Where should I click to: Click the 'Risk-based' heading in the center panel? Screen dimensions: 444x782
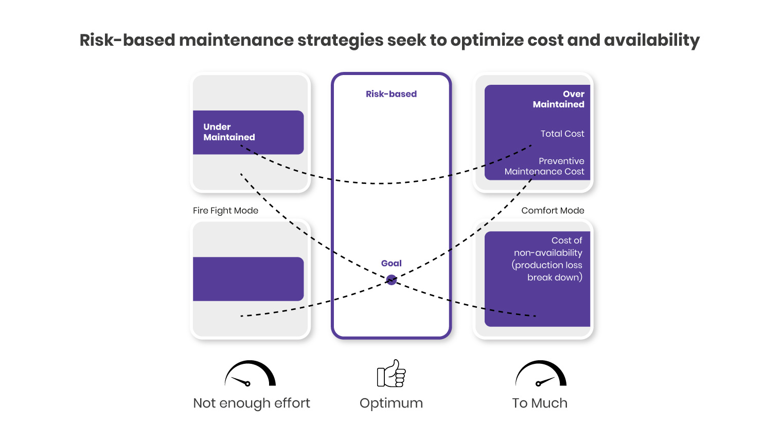391,94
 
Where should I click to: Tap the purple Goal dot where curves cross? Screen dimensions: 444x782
392,280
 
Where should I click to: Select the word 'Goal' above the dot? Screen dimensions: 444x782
391,263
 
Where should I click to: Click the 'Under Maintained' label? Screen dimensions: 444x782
229,132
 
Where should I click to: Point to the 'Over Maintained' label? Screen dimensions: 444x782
559,99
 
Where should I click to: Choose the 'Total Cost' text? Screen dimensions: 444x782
562,134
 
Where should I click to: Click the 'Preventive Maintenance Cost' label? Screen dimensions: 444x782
545,166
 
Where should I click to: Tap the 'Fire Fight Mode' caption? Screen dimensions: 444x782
225,211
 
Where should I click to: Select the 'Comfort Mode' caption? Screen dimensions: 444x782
553,211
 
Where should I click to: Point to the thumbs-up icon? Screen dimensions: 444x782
392,374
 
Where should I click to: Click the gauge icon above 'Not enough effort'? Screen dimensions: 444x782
250,374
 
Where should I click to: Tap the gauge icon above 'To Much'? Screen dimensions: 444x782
541,374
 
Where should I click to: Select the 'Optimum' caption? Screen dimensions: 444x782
391,403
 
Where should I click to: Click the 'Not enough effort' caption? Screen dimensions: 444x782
252,403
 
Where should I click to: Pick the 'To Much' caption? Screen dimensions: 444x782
540,403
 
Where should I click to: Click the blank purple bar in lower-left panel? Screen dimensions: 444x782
248,279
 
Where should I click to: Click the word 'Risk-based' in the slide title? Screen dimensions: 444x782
127,40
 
